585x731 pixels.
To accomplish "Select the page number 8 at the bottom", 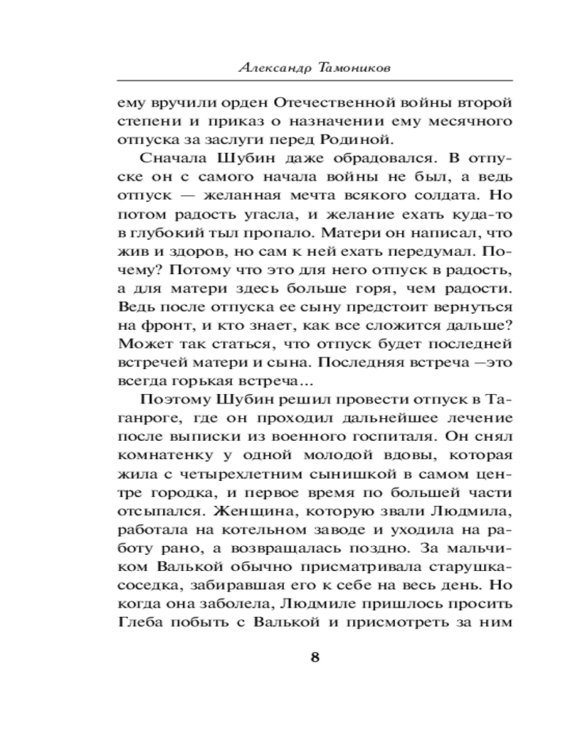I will pyautogui.click(x=315, y=656).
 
